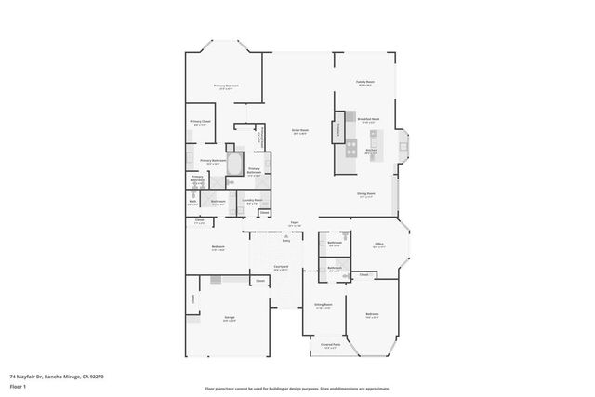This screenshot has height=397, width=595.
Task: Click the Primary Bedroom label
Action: coord(226,86)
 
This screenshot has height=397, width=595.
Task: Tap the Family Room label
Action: coord(364,82)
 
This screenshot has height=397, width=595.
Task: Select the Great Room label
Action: coord(300,131)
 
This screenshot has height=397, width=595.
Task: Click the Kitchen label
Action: coord(370,150)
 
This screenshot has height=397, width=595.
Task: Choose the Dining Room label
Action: coord(365,193)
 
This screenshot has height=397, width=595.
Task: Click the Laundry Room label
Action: coord(250,200)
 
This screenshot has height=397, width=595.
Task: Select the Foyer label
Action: coord(294,223)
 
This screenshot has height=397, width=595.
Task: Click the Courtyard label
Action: coord(281,266)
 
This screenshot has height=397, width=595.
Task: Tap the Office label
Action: coord(378,245)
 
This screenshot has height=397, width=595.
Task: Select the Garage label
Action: coord(229,317)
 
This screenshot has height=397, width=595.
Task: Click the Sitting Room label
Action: coord(323,305)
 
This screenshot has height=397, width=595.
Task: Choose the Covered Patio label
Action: coord(330,345)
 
